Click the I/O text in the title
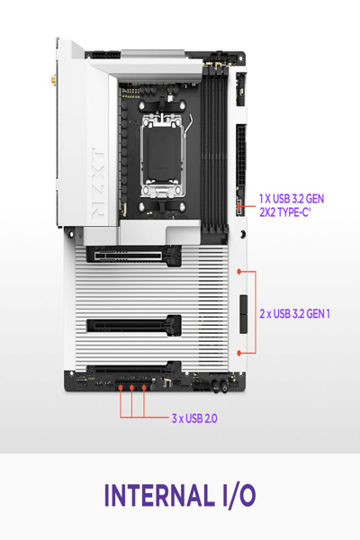(236, 495)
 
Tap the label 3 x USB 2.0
(194, 418)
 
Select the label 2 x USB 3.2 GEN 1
(295, 313)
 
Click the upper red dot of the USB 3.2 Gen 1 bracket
(238, 270)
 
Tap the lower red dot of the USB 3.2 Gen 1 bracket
(238, 354)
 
